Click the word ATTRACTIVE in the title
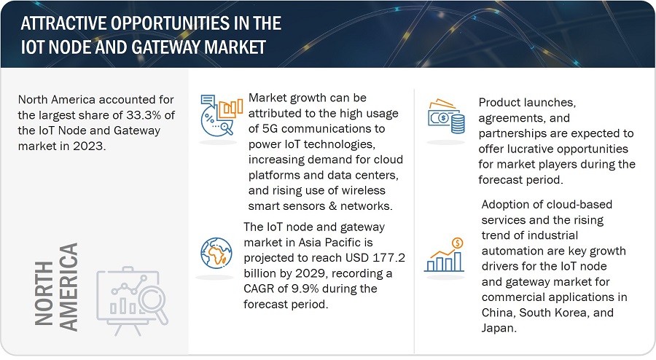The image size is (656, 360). [x=64, y=23]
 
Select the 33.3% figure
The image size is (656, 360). [x=144, y=115]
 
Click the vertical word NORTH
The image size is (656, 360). [x=44, y=294]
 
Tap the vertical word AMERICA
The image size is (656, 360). [x=69, y=287]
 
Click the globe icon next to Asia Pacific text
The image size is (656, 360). [x=216, y=254]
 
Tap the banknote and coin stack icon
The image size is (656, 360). [x=446, y=117]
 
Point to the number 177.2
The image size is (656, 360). [x=388, y=257]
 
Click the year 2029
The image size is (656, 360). [x=310, y=273]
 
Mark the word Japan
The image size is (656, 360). [x=499, y=328]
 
